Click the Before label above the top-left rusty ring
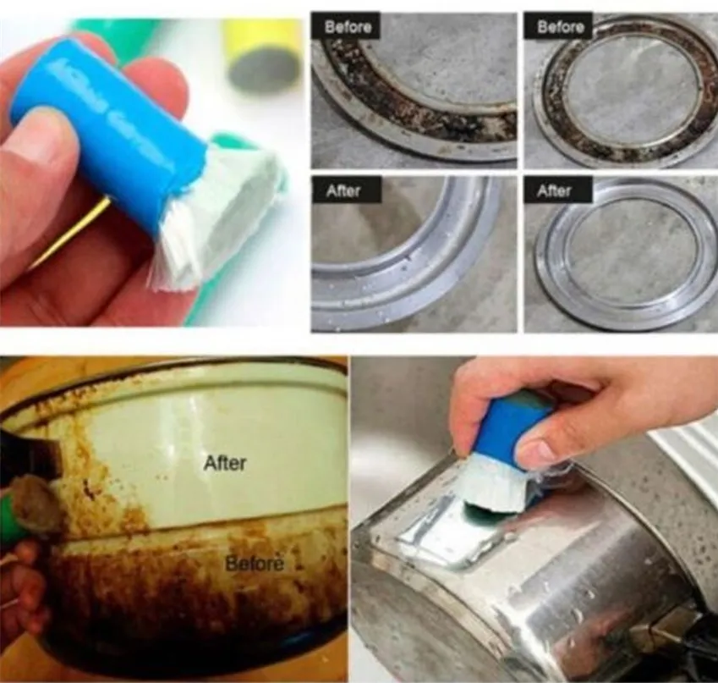tap(348, 27)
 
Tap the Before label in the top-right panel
tap(561, 27)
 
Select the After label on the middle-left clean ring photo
tap(344, 191)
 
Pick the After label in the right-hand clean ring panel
tap(555, 191)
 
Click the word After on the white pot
tap(226, 463)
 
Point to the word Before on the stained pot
tap(255, 563)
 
